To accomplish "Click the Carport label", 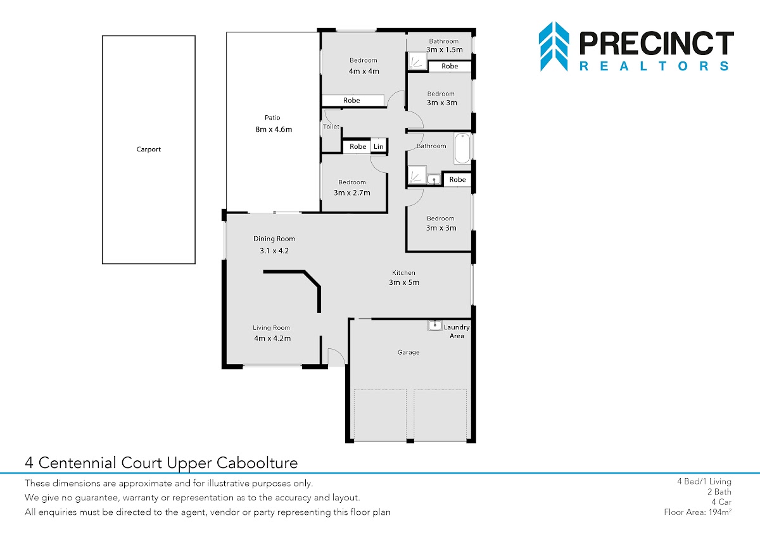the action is click(149, 149).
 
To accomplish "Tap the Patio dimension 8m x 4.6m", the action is click(274, 129).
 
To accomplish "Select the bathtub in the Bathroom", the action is click(462, 148).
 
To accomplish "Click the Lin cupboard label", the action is click(378, 146).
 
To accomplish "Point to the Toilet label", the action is click(331, 127).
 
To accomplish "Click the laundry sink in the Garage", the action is click(434, 325).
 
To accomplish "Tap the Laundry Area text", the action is click(457, 331).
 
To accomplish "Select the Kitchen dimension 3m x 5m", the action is click(404, 282).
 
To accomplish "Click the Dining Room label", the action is click(274, 239).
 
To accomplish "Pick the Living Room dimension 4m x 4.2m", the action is click(272, 338).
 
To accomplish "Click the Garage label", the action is click(408, 353).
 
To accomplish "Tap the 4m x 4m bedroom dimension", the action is click(364, 71).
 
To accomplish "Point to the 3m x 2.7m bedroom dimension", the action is click(352, 193).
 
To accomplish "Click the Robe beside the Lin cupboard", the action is click(358, 146).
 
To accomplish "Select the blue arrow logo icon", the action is click(554, 46).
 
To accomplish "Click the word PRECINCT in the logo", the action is click(657, 43).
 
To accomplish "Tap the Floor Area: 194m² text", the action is click(697, 512).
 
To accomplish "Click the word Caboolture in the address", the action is click(257, 463).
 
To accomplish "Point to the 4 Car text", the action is click(721, 502).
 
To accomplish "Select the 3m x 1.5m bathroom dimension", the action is click(445, 49).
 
